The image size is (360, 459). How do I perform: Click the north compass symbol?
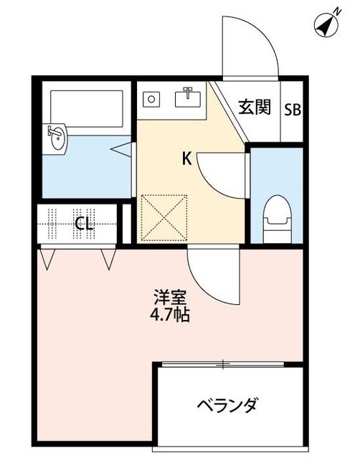coord(327,24)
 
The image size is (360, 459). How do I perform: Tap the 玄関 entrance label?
coord(254,108)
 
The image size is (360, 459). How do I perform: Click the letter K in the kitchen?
coord(186,159)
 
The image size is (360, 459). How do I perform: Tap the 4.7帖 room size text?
coord(171,314)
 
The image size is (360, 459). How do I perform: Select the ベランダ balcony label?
coord(227,406)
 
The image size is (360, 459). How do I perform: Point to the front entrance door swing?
coord(247,47)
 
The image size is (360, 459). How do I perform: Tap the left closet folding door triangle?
coord(48,257)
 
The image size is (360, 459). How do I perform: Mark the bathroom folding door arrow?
coord(123,149)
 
